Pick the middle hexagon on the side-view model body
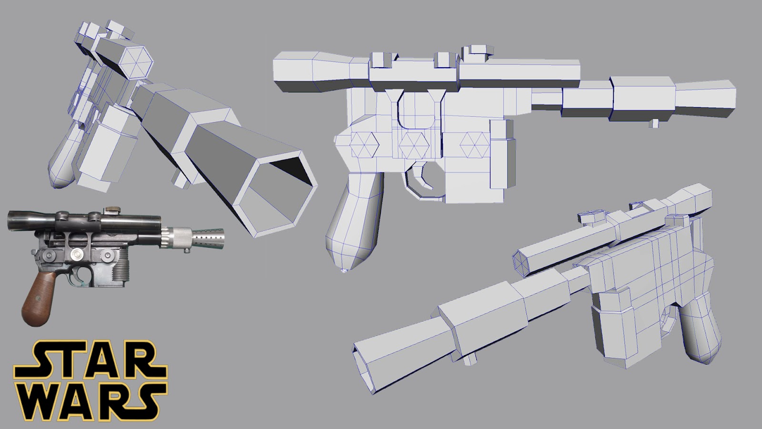[x=413, y=144]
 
